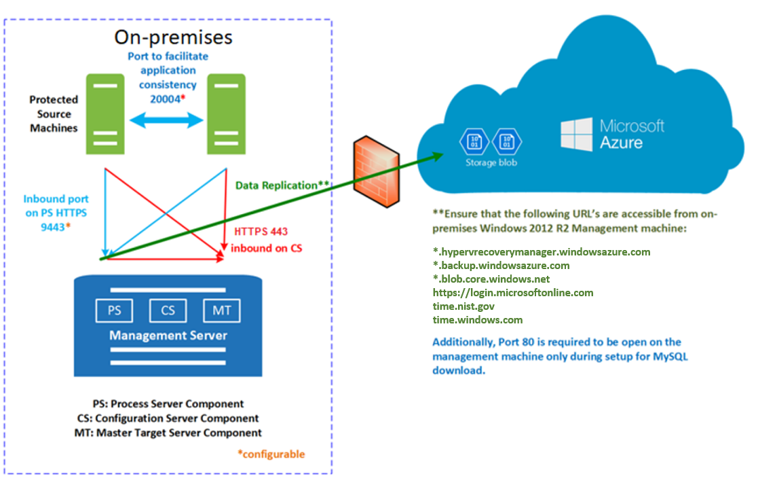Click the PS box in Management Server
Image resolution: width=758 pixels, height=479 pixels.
[x=115, y=311]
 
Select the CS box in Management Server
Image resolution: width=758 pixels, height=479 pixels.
[x=168, y=311]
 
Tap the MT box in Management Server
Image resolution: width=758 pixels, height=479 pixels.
[x=222, y=311]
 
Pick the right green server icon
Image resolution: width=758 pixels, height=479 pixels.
[x=226, y=114]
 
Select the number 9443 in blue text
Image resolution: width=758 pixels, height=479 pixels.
[x=53, y=226]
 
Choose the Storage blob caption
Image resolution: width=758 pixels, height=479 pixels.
[x=491, y=163]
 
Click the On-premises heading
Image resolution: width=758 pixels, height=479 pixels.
[x=173, y=37]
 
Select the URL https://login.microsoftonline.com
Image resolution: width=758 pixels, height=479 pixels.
[x=513, y=293]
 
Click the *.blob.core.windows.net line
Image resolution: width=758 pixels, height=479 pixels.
[x=491, y=279]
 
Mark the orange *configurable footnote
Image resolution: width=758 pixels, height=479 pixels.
[x=271, y=454]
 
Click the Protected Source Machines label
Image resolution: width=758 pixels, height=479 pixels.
[x=54, y=113]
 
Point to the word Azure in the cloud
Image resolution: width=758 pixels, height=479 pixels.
[x=621, y=143]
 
